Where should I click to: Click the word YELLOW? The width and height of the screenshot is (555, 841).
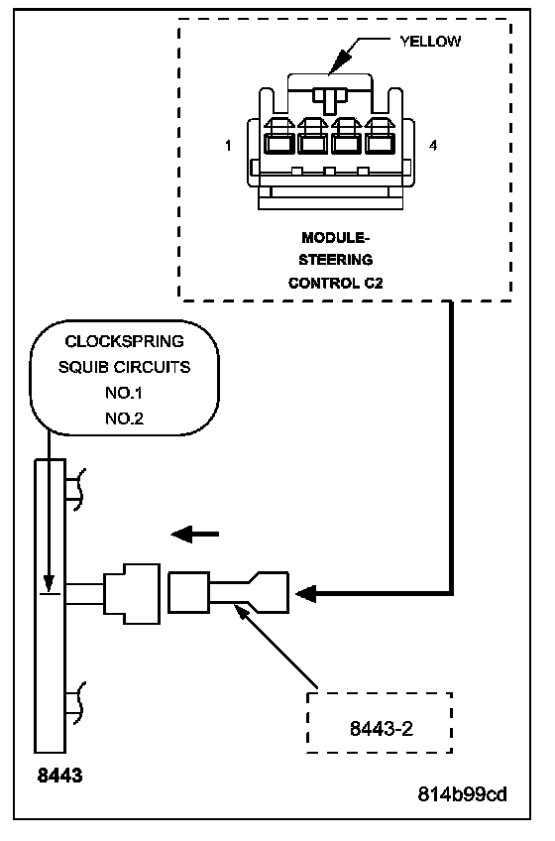click(x=430, y=42)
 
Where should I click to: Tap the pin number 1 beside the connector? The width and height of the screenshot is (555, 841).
click(x=228, y=146)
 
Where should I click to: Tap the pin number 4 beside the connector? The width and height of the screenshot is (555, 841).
click(x=433, y=146)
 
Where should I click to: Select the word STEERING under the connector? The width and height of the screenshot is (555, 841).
click(x=336, y=260)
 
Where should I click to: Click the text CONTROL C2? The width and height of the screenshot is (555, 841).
click(x=336, y=284)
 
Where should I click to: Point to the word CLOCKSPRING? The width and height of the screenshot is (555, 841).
click(x=125, y=341)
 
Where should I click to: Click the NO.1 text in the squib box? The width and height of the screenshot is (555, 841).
click(x=124, y=393)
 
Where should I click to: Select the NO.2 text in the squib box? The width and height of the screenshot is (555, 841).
click(x=124, y=419)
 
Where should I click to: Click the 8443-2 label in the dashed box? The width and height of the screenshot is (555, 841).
click(x=382, y=729)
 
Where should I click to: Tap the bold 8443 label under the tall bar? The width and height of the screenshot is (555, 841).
click(x=59, y=776)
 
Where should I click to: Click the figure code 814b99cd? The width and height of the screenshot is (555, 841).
click(x=462, y=794)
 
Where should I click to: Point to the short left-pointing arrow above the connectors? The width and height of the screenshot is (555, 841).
click(x=194, y=535)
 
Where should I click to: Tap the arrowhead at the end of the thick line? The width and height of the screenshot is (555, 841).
click(x=306, y=594)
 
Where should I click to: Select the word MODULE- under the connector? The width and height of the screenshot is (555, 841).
click(x=336, y=238)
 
